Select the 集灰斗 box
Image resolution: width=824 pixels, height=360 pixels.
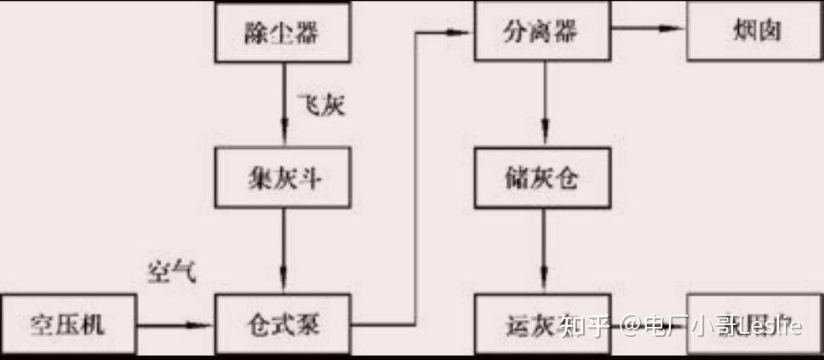click(283, 180)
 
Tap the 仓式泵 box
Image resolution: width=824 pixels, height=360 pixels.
click(283, 324)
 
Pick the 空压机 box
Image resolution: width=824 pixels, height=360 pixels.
click(67, 324)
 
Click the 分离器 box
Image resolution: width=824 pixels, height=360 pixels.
click(542, 32)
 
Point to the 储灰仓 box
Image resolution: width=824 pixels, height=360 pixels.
click(542, 180)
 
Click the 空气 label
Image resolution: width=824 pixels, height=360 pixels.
click(170, 271)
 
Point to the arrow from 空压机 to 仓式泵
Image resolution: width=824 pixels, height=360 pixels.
click(175, 324)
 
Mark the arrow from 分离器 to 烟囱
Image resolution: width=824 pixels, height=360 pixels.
click(648, 29)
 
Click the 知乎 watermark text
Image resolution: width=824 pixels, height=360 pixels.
click(587, 325)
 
